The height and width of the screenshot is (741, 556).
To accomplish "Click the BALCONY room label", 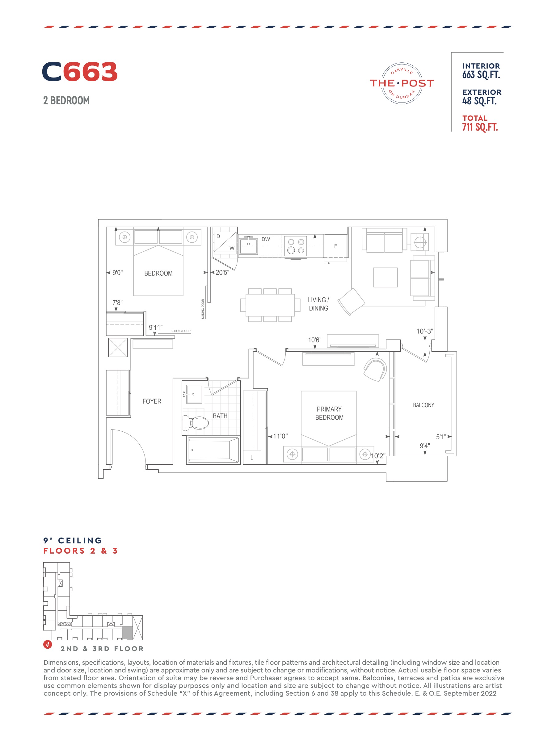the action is [x=423, y=405].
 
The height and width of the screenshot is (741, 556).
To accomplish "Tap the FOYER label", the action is [x=152, y=401].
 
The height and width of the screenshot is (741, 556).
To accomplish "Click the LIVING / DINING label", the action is [x=318, y=304].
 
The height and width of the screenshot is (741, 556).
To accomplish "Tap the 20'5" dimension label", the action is [x=222, y=272].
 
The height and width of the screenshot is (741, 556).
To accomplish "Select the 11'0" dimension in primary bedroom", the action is [x=280, y=436].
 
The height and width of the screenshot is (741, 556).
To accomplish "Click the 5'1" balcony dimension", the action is [x=441, y=437].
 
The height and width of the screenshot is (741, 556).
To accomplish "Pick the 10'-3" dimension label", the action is [x=425, y=331].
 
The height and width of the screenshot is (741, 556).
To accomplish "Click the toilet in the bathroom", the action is [x=196, y=423].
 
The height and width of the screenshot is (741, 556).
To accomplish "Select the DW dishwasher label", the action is [x=266, y=239].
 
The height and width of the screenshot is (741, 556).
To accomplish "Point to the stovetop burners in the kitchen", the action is [x=296, y=246].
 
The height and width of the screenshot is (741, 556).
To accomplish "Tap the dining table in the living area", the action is [x=270, y=305].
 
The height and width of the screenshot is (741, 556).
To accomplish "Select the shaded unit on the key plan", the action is [x=127, y=633].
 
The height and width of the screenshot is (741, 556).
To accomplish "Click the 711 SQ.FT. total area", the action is [x=480, y=127].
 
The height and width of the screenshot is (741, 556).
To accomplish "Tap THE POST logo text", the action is [x=402, y=83].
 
